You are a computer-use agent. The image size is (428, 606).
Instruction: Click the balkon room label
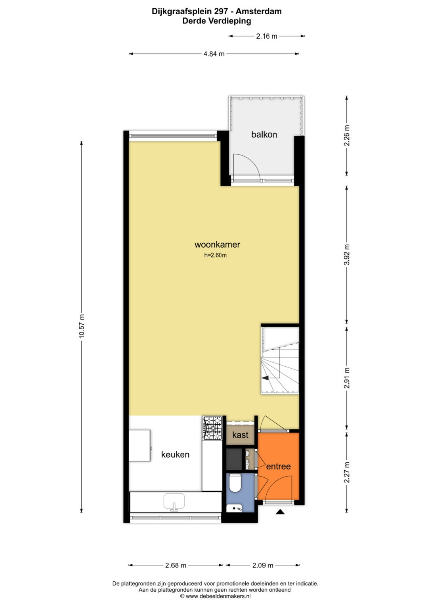pyautogui.click(x=264, y=135)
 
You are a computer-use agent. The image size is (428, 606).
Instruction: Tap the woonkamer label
pyautogui.click(x=217, y=244)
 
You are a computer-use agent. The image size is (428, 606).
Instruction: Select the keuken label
pyautogui.click(x=175, y=454)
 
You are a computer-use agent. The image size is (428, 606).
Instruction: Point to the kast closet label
pyautogui.click(x=240, y=435)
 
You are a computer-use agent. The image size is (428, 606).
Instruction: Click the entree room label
pyautogui.click(x=278, y=466)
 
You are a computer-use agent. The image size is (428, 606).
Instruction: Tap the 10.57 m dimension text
pyautogui.click(x=82, y=326)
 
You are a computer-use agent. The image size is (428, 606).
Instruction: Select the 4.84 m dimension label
pyautogui.click(x=214, y=54)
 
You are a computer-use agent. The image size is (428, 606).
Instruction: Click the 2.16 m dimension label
pyautogui.click(x=266, y=36)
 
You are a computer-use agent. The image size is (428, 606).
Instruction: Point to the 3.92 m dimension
pyautogui.click(x=347, y=254)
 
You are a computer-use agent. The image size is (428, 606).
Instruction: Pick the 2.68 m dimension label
pyautogui.click(x=176, y=565)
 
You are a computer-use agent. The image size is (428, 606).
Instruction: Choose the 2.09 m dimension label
pyautogui.click(x=263, y=565)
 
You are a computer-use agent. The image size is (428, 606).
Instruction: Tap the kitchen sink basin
pyautogui.click(x=174, y=501)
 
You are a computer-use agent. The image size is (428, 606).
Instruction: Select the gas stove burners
pyautogui.click(x=212, y=428)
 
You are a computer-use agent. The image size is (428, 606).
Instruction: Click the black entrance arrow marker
pyautogui.click(x=280, y=512)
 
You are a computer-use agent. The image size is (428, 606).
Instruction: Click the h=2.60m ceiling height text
pyautogui.click(x=215, y=255)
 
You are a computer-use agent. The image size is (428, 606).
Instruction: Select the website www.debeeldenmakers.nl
pyautogui.click(x=218, y=596)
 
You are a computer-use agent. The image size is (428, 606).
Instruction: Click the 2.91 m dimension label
pyautogui.click(x=347, y=378)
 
